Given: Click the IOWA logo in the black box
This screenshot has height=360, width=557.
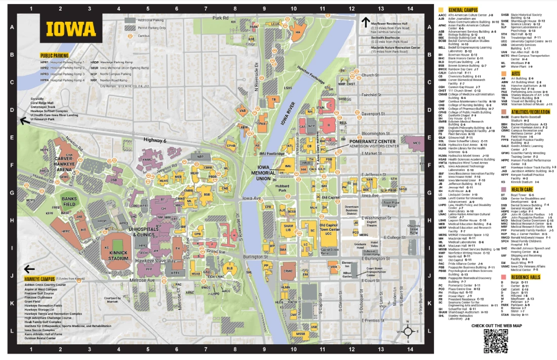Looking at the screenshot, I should [71, 29].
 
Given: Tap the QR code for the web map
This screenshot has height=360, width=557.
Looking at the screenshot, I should [495, 341].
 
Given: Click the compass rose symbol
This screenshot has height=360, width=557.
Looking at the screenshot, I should [408, 332].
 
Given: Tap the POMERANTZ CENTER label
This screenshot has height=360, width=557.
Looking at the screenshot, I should [373, 141].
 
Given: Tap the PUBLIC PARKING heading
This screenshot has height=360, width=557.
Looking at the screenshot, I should [54, 55].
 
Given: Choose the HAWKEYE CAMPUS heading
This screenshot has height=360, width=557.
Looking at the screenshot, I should [39, 279].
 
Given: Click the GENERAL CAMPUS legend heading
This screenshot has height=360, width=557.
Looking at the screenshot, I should [463, 10].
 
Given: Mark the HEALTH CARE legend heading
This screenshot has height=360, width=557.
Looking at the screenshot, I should [522, 189].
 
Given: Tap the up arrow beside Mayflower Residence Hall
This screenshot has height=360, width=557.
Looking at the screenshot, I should [366, 22].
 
